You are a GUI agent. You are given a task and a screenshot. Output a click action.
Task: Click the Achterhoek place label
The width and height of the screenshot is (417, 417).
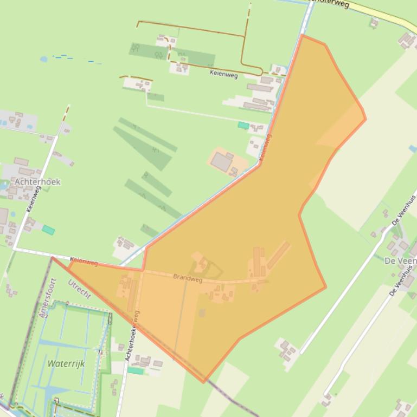pos(37,182)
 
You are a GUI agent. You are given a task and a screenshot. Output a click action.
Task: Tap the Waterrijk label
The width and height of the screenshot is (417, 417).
pos(66,363)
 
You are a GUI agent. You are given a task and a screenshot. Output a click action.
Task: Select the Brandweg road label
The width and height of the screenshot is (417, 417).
pos(188,278)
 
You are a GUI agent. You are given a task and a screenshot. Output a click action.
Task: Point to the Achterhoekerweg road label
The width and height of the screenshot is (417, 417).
pos(132,336)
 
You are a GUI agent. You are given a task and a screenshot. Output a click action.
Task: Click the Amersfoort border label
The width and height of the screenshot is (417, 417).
pos(48,298)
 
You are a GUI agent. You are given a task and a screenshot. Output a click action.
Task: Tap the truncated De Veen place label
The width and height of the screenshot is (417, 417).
pos(400,260)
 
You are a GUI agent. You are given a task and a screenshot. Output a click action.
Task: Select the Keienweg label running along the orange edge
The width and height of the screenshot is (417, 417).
pos(265,147)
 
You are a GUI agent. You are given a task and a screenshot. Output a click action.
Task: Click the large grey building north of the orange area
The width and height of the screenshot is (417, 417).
pos(222,161)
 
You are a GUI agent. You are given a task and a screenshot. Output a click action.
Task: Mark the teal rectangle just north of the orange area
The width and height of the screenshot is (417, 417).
pos(243,126)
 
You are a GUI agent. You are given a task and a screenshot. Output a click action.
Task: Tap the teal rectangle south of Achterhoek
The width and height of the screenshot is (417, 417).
pos(48,230)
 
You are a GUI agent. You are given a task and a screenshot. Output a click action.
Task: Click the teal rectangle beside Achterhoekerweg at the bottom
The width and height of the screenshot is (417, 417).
pos(136,371)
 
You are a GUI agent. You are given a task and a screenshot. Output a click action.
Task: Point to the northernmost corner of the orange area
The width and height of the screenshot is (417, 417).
pos(302,35)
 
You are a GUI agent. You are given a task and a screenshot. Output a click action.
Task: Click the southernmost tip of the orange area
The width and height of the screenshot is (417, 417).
pos(204,382)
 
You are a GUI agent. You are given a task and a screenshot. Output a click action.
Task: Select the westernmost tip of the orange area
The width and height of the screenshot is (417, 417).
pos(53,258)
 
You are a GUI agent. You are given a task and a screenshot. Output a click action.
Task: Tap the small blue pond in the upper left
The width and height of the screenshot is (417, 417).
pos(43,58)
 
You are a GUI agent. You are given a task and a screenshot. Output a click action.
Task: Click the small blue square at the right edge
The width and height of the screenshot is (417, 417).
pos(413,148)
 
